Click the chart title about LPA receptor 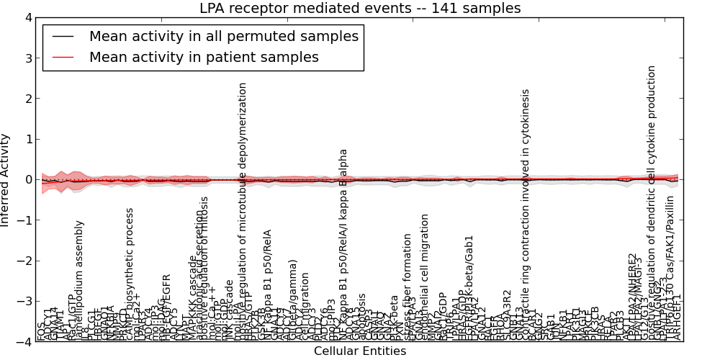click(x=359, y=9)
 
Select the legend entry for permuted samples click(x=223, y=36)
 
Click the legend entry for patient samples click(x=204, y=57)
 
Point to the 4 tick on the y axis click(x=27, y=18)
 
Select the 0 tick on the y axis click(x=27, y=180)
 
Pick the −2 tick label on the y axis click(x=24, y=261)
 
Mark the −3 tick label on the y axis click(x=24, y=302)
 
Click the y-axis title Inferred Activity click(x=6, y=180)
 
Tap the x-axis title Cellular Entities click(x=359, y=351)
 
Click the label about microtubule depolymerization click(x=243, y=209)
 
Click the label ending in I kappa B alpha click(x=344, y=245)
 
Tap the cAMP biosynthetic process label click(x=130, y=274)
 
